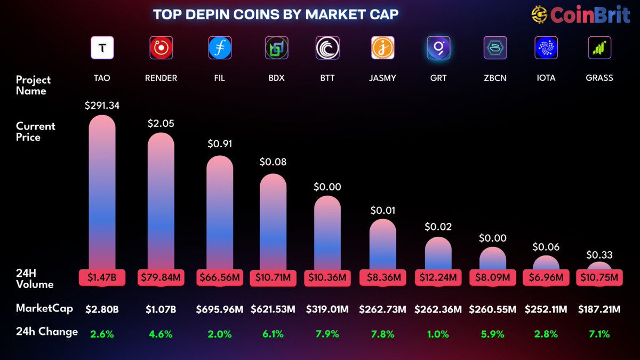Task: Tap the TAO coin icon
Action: pyautogui.click(x=102, y=48)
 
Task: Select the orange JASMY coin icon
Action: pyautogui.click(x=382, y=48)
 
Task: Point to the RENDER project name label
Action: pyautogui.click(x=161, y=78)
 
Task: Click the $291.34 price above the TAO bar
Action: pyautogui.click(x=102, y=106)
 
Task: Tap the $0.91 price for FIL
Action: pyautogui.click(x=219, y=143)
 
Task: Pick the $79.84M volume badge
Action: pyautogui.click(x=161, y=278)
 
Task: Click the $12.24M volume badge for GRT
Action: pyautogui.click(x=438, y=278)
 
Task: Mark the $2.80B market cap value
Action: pyautogui.click(x=102, y=309)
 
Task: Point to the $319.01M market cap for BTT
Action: pyautogui.click(x=327, y=309)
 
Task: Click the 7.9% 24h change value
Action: pyautogui.click(x=327, y=334)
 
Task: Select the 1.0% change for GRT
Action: pyautogui.click(x=438, y=334)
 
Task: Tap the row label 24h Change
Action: pyautogui.click(x=46, y=332)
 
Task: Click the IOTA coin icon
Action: pyautogui.click(x=546, y=48)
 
